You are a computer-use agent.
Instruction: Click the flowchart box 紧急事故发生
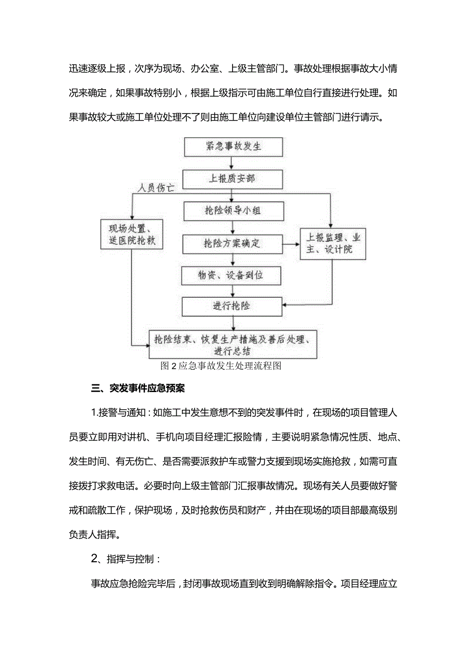(233, 146)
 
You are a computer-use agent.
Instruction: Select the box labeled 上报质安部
(233, 178)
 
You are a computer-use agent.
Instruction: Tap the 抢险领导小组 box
(233, 210)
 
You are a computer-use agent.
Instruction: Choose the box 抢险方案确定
(233, 244)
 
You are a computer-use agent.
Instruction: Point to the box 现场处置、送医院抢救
(132, 234)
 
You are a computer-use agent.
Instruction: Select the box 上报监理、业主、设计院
(332, 244)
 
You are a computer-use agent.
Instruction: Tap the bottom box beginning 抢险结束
(233, 345)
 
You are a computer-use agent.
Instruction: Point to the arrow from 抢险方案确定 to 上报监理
(291, 244)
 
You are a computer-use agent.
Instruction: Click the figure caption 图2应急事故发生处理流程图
(220, 366)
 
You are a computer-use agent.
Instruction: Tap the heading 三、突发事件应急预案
(138, 389)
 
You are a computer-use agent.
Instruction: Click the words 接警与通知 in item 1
(120, 413)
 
